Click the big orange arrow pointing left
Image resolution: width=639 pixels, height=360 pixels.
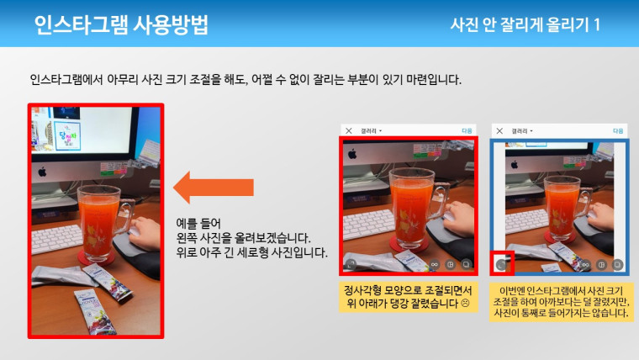pos(213,188)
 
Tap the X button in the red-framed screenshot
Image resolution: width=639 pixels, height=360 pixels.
pos(348,131)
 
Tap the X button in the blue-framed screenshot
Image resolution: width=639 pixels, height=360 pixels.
pos(499,131)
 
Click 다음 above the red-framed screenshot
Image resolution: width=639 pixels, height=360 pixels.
pos(467,131)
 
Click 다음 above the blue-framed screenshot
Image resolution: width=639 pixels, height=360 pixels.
pos(618,131)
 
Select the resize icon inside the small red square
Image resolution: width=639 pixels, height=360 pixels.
pos(501,265)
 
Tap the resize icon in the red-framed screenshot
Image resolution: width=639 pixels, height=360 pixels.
pos(350,265)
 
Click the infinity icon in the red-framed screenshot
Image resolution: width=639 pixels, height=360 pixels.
pos(435,265)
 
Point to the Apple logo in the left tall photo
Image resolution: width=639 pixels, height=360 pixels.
pos(42,172)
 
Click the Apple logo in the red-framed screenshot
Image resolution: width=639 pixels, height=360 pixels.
pos(352,154)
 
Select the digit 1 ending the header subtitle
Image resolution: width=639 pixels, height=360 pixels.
pos(597,25)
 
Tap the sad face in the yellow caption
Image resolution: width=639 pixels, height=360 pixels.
pos(465,303)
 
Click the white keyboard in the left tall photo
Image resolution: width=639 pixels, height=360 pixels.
pos(57,239)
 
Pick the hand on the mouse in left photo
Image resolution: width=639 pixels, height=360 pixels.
pos(145,231)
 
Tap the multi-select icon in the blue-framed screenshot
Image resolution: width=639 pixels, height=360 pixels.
pos(617,265)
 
